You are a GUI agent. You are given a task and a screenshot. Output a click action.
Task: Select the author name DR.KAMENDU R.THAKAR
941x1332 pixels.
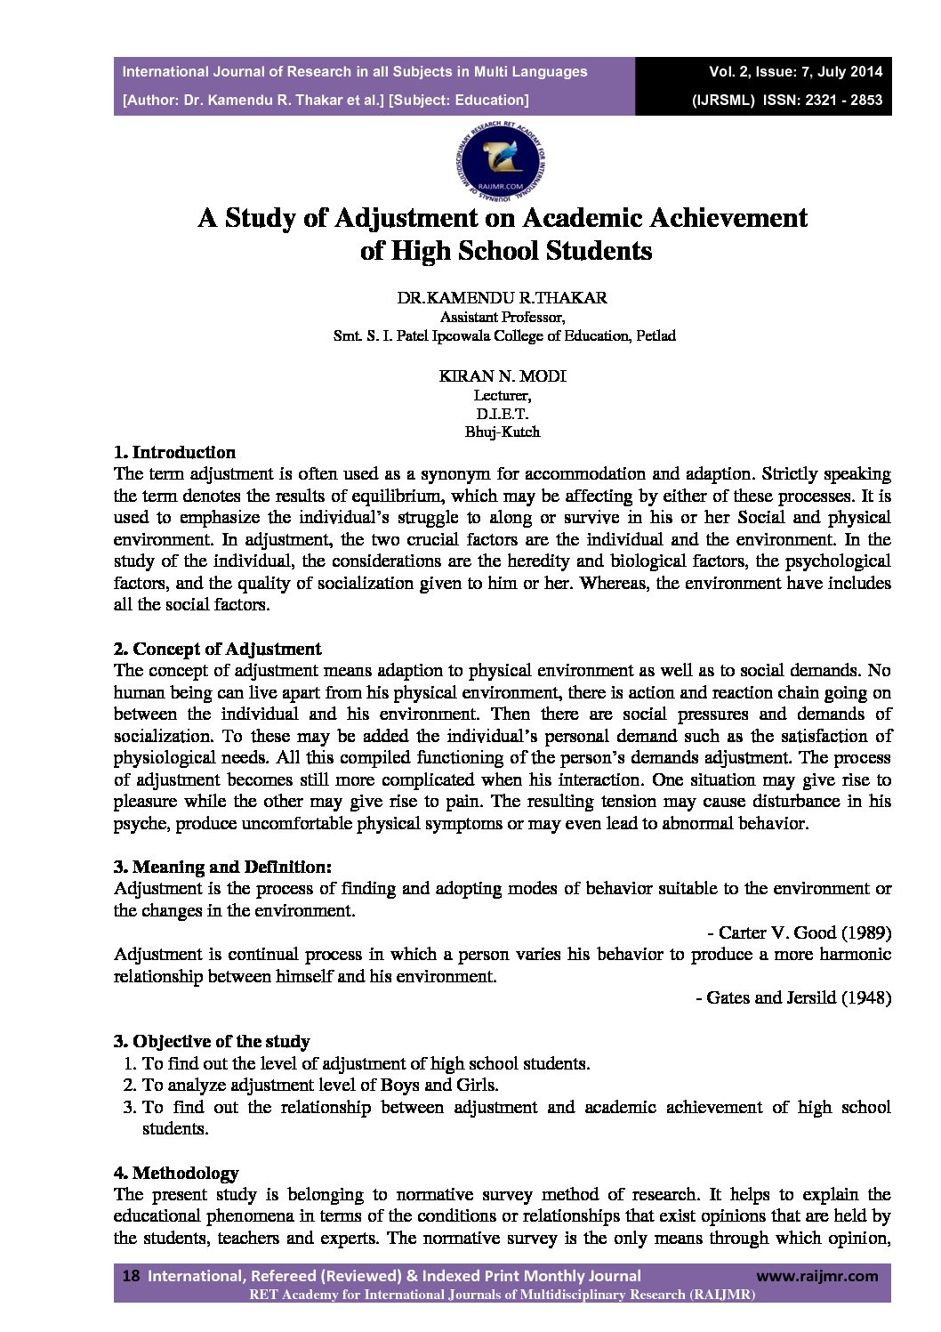pos(503,298)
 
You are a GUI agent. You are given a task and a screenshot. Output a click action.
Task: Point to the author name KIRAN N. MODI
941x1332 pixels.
pos(503,375)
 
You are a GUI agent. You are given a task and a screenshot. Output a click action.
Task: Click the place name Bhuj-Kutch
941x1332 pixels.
pos(503,432)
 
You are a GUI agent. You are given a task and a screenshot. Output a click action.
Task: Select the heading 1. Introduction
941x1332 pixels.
pos(175,452)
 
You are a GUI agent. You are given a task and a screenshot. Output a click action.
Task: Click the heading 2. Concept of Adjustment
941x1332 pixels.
pos(218,649)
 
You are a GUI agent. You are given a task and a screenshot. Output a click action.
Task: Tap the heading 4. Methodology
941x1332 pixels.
pos(176,1173)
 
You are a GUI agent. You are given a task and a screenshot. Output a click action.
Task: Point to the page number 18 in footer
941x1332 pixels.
pos(131,1276)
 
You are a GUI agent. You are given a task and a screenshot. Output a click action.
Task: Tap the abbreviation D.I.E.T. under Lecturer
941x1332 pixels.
pos(503,414)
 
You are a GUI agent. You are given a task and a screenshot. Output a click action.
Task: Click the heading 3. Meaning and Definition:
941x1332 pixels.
pos(223,867)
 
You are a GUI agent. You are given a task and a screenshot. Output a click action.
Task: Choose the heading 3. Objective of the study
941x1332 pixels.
pos(212,1041)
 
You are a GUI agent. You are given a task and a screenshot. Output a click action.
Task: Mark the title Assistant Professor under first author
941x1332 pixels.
pos(503,317)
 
